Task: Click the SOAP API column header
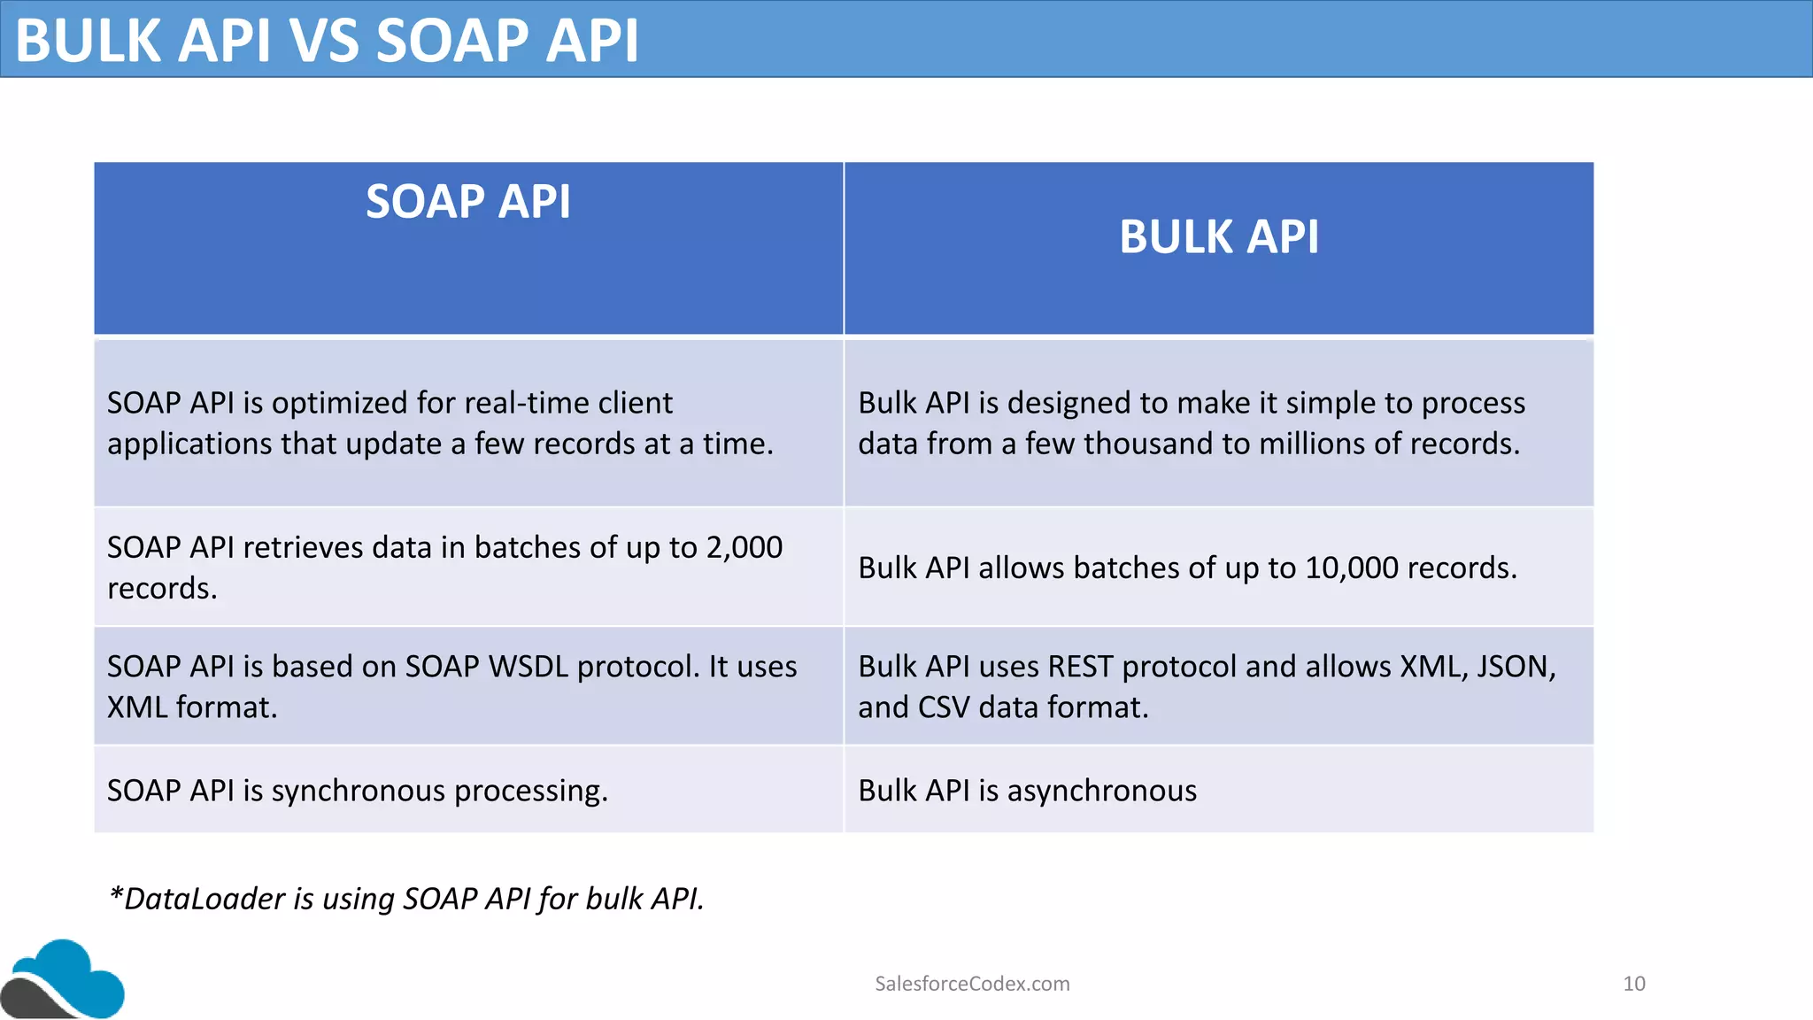point(468,202)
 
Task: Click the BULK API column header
point(1218,237)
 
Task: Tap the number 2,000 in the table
point(744,547)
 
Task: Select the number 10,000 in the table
point(1351,568)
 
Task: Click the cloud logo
point(64,979)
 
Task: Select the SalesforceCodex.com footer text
point(972,984)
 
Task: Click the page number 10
point(1633,984)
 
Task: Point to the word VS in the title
point(324,41)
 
